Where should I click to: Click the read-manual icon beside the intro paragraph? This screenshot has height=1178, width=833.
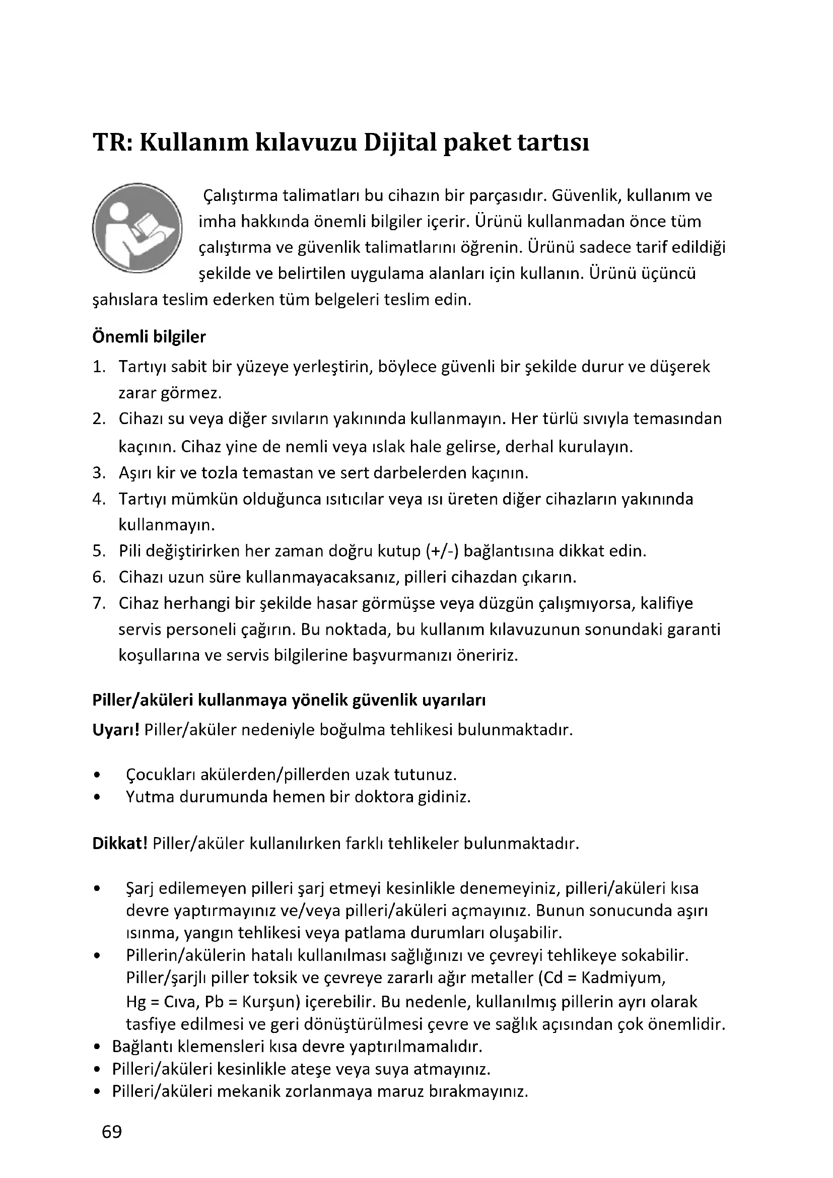tap(137, 228)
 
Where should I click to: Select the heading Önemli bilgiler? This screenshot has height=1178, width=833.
tap(149, 337)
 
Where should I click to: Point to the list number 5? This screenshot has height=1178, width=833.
tap(99, 551)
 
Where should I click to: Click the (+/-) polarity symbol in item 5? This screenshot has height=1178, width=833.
tap(442, 551)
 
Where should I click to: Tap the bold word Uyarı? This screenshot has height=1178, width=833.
tap(116, 729)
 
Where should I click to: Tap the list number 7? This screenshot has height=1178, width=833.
tap(99, 603)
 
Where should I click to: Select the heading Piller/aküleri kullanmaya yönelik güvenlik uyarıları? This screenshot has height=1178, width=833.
tap(289, 701)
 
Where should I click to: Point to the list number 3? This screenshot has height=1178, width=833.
tap(99, 472)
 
